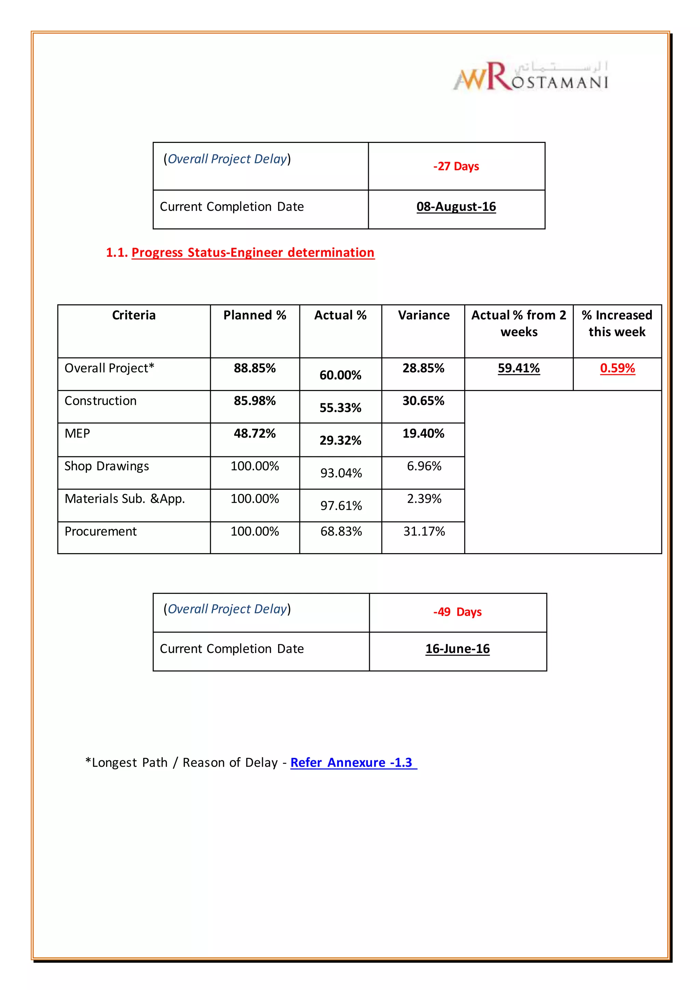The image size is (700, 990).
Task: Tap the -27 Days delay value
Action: tap(456, 166)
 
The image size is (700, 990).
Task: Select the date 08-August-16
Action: tap(456, 206)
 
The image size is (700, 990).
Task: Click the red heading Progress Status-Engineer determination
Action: tap(253, 253)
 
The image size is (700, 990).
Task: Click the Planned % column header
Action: tap(255, 315)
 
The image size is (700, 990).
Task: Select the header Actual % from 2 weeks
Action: tap(519, 323)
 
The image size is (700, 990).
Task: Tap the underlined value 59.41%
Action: tap(519, 368)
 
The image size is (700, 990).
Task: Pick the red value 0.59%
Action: tap(617, 368)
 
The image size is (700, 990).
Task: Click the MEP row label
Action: tap(78, 433)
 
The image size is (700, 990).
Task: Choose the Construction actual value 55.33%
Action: tap(340, 407)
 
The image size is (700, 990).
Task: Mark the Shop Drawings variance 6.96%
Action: tap(424, 466)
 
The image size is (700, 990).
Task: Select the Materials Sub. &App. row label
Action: tap(124, 499)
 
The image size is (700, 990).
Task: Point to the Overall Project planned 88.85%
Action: tap(255, 368)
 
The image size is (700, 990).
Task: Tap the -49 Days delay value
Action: tap(457, 612)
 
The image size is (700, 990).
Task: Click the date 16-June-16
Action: tap(457, 649)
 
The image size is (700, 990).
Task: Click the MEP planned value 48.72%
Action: tap(255, 433)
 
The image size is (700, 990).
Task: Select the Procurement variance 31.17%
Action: tap(424, 531)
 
